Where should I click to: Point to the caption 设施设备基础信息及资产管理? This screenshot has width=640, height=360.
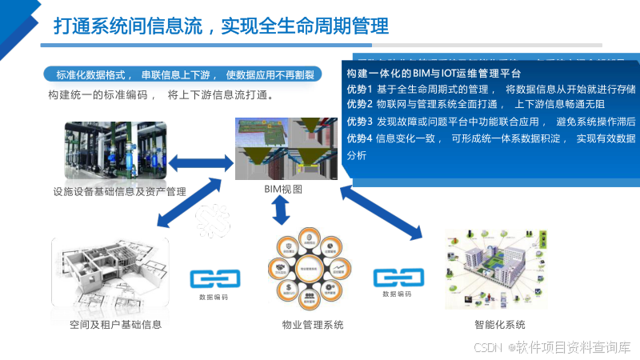tap(119, 191)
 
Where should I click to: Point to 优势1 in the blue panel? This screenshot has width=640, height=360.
tap(359, 88)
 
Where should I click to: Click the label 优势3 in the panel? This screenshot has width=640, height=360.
tap(359, 122)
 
